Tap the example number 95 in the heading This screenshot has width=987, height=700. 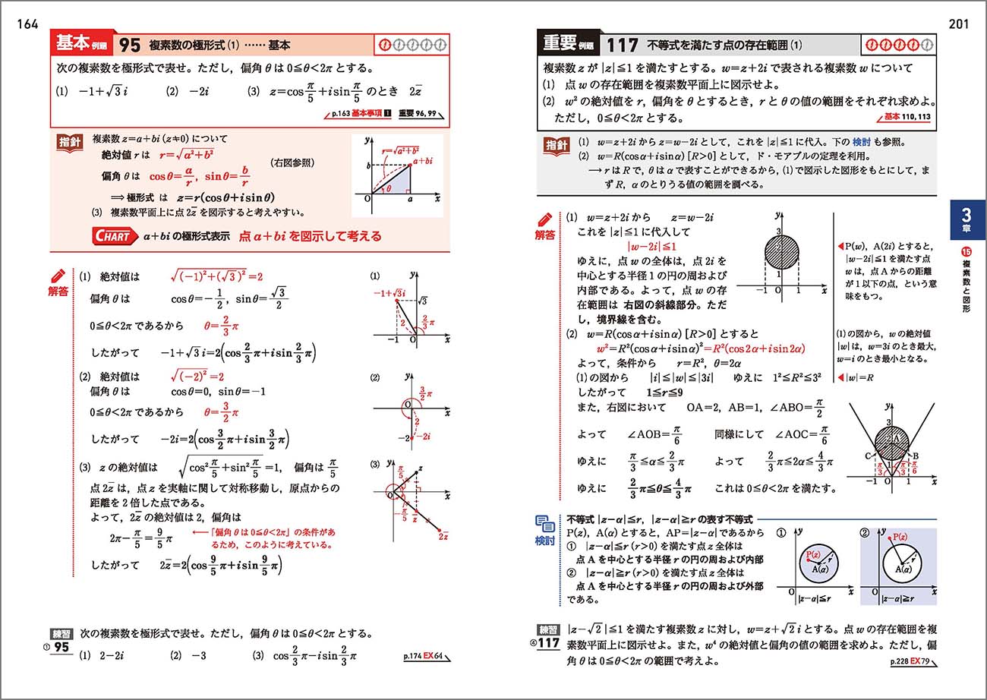pos(130,46)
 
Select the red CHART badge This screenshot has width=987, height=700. pos(114,236)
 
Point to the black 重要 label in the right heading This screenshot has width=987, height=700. pos(566,45)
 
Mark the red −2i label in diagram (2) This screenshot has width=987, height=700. pos(423,436)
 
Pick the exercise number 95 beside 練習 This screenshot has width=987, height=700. pos(61,648)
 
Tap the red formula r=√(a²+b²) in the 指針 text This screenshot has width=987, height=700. pos(186,155)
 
